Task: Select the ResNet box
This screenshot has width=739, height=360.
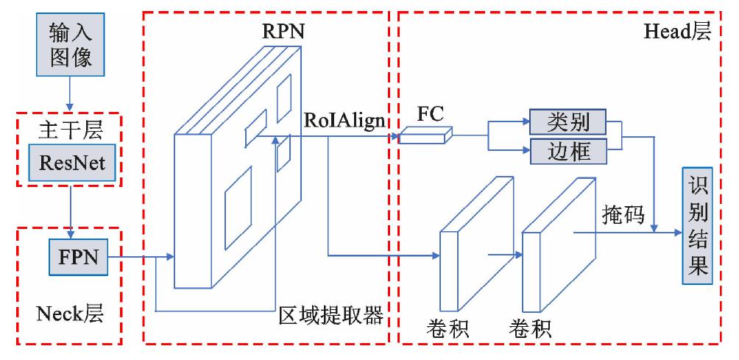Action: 71,163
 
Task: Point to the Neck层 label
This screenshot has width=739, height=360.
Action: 70,314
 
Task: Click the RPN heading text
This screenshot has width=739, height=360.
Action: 283,32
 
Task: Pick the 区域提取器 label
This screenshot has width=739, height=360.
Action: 331,317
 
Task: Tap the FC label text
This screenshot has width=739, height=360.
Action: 431,113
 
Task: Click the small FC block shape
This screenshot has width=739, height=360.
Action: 425,135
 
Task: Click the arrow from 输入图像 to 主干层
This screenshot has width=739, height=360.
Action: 71,91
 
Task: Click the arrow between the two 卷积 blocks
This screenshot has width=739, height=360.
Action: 503,255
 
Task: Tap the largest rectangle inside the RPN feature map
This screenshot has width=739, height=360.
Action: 238,206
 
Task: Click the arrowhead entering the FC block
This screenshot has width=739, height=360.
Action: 395,135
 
